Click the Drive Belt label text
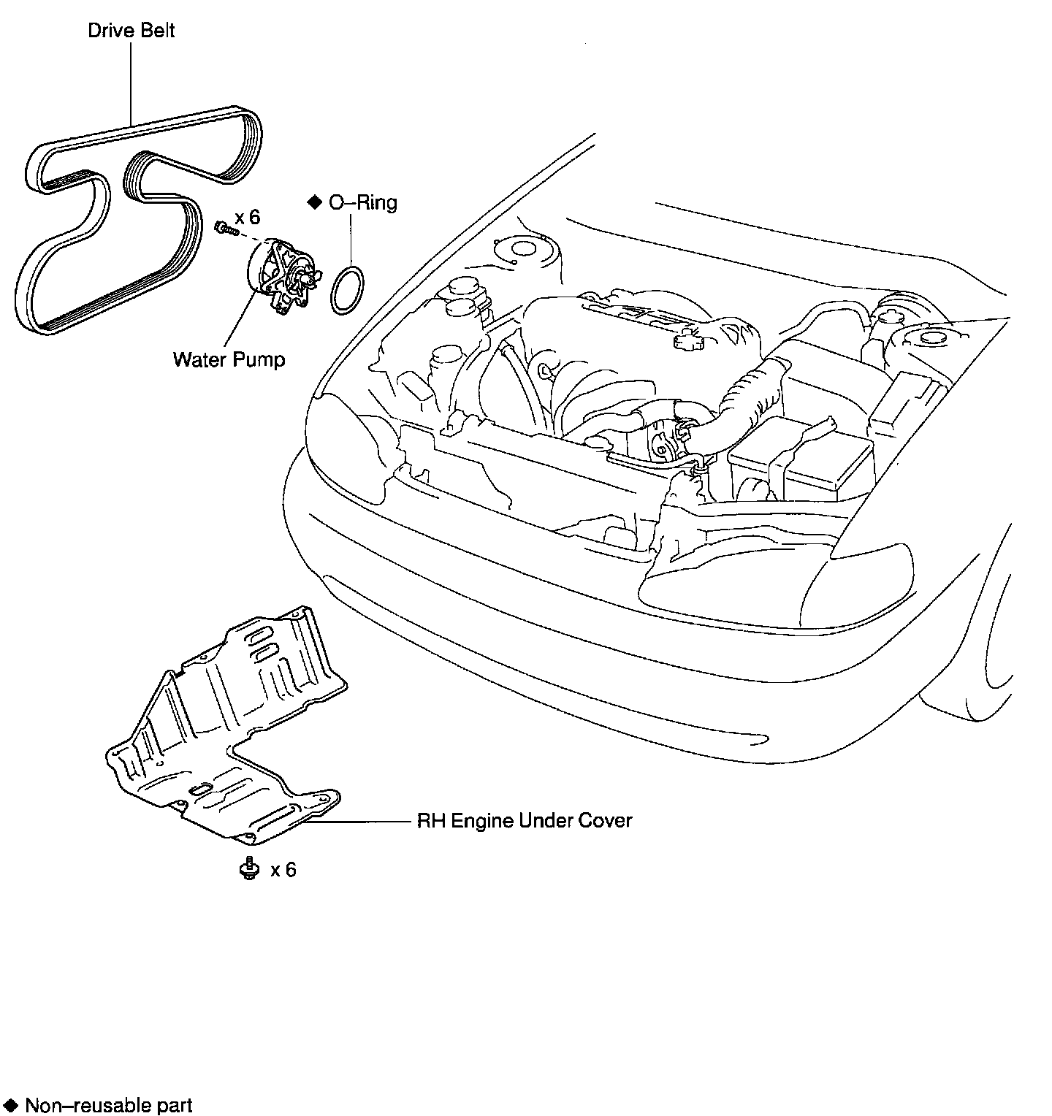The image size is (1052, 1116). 131,31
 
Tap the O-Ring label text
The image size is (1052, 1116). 362,202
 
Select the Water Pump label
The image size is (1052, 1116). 229,359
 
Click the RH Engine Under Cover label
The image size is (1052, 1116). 524,820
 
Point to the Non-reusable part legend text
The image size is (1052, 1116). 108,1104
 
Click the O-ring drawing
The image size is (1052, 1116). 346,291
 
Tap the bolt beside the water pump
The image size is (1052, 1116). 224,228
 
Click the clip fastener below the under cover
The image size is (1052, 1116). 249,868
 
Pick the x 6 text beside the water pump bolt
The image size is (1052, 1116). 247,218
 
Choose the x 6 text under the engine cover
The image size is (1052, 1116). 283,870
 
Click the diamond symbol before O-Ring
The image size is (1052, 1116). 315,202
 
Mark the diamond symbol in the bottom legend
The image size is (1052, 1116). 10,1104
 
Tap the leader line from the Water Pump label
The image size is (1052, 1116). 241,321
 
